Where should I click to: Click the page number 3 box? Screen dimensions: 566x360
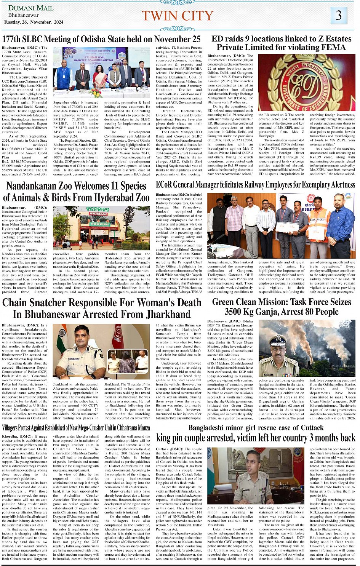tap(338, 16)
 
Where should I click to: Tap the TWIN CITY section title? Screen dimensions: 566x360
tap(177, 16)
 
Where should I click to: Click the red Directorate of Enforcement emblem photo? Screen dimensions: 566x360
tap(307, 82)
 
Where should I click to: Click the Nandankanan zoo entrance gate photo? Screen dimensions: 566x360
tap(101, 227)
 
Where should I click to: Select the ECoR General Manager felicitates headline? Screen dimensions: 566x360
tap(255, 185)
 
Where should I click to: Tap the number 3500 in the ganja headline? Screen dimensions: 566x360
tap(236, 312)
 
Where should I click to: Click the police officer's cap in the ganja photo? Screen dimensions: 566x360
tap(277, 340)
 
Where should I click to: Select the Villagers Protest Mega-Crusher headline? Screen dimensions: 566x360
tap(76, 428)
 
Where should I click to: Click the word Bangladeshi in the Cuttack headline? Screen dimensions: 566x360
tap(211, 428)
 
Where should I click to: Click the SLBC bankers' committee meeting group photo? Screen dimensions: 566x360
tap(101, 72)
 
